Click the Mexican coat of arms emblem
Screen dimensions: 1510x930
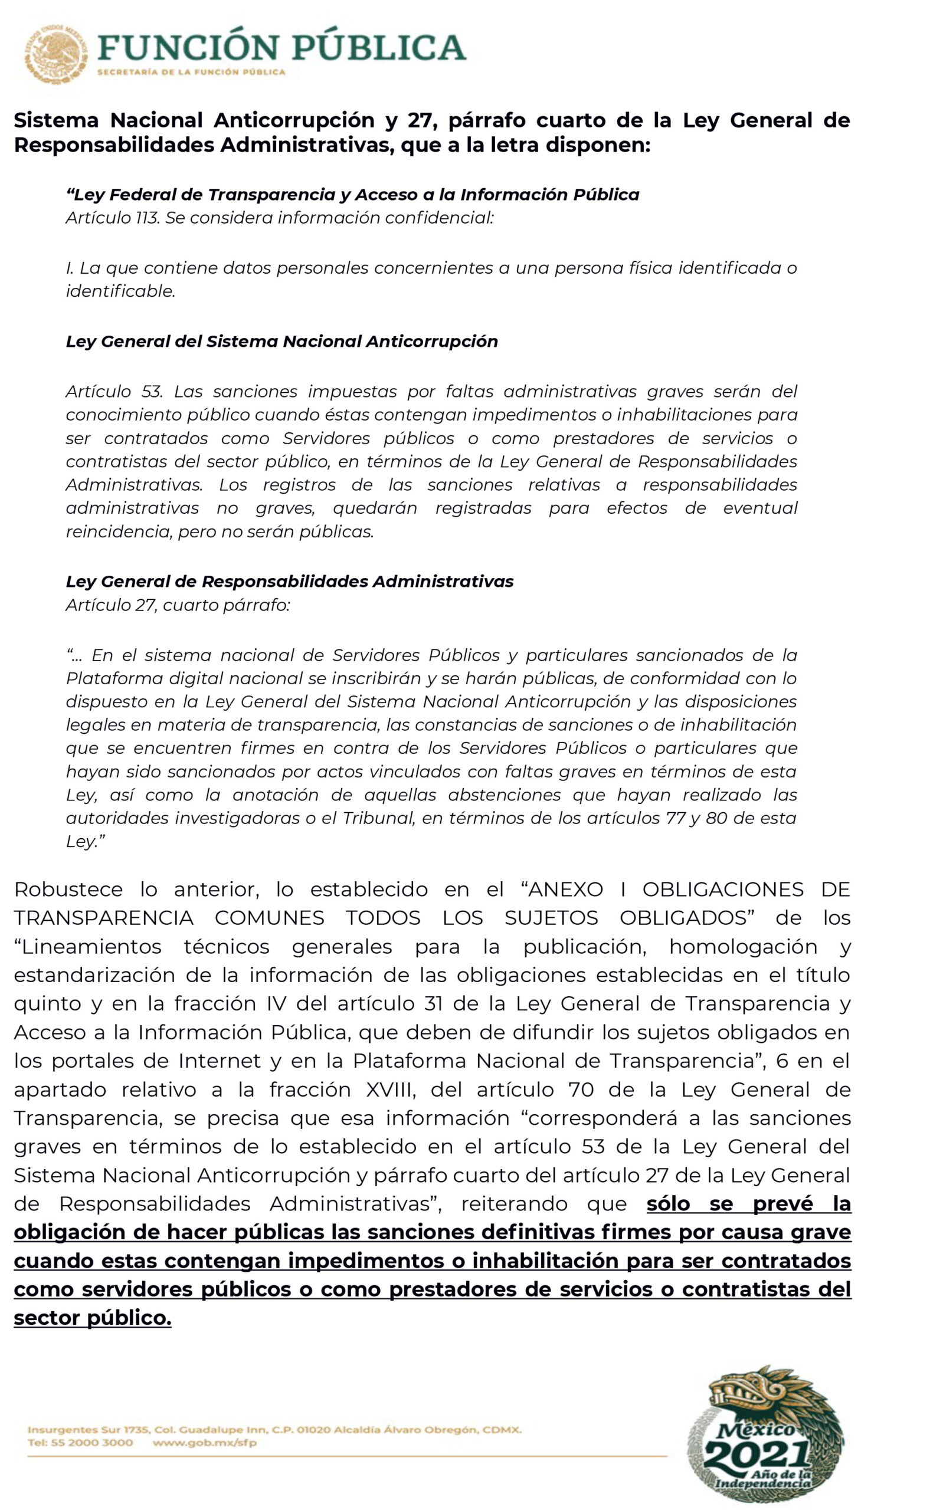point(55,55)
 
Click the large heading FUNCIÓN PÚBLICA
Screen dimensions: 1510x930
point(281,47)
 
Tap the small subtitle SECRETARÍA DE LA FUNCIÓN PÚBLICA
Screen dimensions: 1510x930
point(191,73)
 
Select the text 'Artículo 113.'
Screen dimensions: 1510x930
point(113,218)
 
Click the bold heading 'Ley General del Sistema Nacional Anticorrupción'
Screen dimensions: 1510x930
point(281,342)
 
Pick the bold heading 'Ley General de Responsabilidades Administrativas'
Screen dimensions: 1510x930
point(290,581)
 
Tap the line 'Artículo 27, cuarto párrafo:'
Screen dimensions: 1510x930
point(178,605)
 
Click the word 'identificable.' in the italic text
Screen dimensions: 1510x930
point(120,291)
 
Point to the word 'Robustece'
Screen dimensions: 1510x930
point(68,889)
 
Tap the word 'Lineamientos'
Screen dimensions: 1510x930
point(91,946)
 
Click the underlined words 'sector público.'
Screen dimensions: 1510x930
point(92,1318)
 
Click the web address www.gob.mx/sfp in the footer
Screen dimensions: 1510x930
point(205,1442)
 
